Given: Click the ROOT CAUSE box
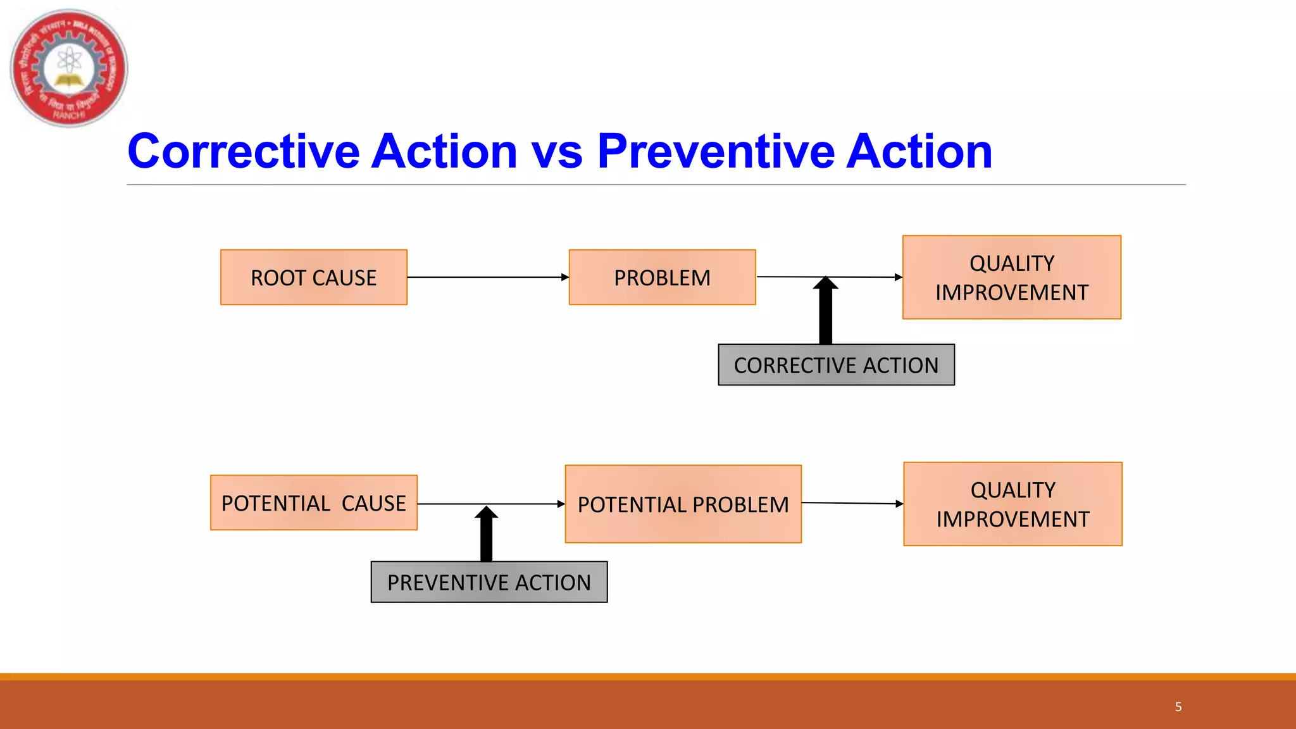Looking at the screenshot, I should (x=314, y=277).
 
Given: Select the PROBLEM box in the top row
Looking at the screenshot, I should (x=662, y=277).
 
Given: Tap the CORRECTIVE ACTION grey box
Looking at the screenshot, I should (x=836, y=365).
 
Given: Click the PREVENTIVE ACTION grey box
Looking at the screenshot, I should (x=489, y=582).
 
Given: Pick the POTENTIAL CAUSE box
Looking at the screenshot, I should (x=314, y=503).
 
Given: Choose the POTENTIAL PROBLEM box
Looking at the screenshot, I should (x=683, y=504).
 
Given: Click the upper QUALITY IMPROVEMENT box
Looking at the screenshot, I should (x=1011, y=277).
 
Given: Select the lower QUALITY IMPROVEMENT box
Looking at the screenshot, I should (x=1012, y=504).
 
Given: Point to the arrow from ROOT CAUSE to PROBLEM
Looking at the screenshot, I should (x=487, y=277).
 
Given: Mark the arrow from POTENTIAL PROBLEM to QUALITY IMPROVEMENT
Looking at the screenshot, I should (x=852, y=503).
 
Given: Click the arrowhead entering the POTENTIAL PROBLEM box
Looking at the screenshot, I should (x=561, y=504).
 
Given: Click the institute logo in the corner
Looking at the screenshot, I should (x=69, y=68).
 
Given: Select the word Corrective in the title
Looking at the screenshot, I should (x=244, y=152).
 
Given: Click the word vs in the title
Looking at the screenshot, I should (x=556, y=152).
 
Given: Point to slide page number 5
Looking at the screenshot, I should (x=1178, y=707).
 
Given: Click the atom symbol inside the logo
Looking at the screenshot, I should (x=69, y=61).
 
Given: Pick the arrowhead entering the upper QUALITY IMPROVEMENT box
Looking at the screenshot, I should (x=898, y=277).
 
